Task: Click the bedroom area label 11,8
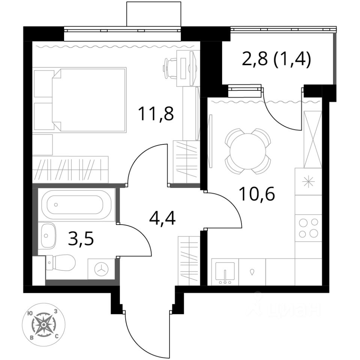click(156, 113)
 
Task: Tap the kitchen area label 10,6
click(256, 193)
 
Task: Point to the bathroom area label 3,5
click(81, 238)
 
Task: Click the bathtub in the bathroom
click(76, 205)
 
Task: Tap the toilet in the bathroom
click(61, 262)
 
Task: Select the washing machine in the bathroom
click(101, 269)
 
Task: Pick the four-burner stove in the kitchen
click(308, 228)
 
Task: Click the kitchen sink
click(225, 272)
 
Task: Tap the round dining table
click(248, 151)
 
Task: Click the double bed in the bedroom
click(90, 100)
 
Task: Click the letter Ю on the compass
click(29, 313)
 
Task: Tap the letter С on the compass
click(57, 337)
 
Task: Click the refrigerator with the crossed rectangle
click(313, 139)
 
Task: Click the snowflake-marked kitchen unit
click(308, 181)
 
